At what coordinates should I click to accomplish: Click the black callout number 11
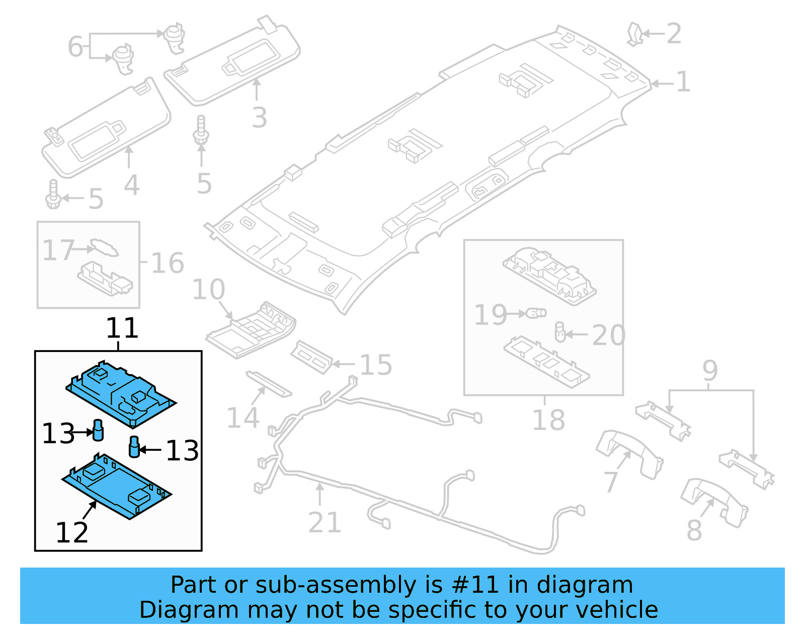tap(122, 328)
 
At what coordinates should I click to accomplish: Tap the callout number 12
tap(72, 532)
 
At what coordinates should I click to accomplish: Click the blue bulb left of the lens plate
tap(98, 430)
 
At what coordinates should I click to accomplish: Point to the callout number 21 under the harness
tap(325, 522)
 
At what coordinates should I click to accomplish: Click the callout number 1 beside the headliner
tap(683, 82)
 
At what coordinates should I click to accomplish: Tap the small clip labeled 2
tap(634, 34)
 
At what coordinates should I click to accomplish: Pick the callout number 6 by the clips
tap(75, 47)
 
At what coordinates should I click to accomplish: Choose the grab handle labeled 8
tap(714, 501)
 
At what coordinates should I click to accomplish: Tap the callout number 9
tap(709, 371)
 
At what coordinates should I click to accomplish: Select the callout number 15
tap(376, 365)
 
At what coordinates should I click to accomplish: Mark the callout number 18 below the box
tap(548, 420)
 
